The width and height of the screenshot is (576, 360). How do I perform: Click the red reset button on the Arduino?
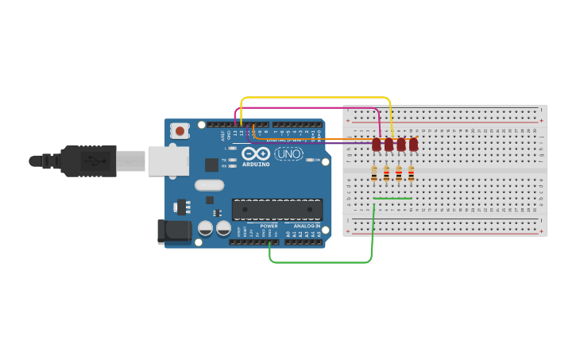(x=180, y=130)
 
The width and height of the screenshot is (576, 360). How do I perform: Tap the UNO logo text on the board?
(x=288, y=153)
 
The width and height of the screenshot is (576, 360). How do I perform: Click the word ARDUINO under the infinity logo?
(x=256, y=165)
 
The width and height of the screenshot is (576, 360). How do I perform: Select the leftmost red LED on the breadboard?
(x=376, y=145)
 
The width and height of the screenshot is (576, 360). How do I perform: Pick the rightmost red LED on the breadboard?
(x=413, y=145)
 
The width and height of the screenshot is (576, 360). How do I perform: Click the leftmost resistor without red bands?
(x=374, y=174)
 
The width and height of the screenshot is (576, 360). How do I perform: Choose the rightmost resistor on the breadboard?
(x=411, y=174)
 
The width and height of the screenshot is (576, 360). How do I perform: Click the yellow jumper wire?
(x=318, y=98)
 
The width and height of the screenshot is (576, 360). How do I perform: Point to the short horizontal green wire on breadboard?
(x=392, y=199)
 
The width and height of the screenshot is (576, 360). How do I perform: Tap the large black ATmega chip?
(x=276, y=209)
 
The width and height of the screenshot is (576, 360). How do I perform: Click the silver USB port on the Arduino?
(x=167, y=161)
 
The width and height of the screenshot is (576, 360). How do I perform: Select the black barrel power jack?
(x=174, y=231)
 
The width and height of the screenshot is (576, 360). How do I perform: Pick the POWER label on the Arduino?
(x=269, y=226)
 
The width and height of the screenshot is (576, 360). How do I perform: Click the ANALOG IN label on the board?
(x=306, y=226)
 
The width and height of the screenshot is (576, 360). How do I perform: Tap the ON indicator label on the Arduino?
(x=317, y=161)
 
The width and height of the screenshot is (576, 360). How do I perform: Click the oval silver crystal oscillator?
(x=209, y=186)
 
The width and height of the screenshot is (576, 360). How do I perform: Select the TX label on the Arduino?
(x=223, y=160)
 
